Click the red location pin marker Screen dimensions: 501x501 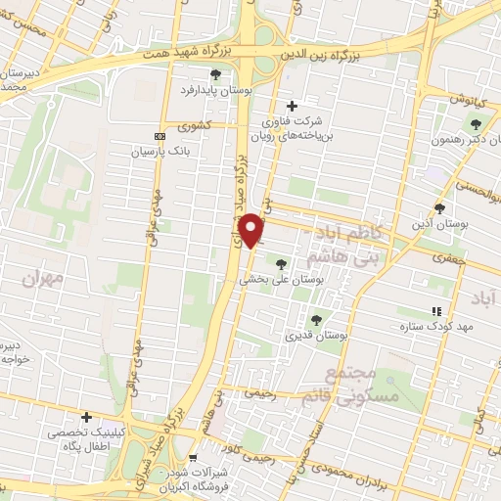point(252,230)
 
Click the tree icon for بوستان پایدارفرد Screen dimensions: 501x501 point(215,74)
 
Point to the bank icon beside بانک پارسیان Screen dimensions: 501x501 point(159,136)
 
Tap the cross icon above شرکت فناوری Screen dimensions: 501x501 point(291,106)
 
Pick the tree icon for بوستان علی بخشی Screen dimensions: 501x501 point(282,263)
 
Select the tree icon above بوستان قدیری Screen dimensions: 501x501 point(315,320)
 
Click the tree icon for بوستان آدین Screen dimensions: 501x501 point(439,208)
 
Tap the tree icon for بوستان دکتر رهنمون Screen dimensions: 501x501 point(476,124)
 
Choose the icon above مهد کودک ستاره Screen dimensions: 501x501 point(436,310)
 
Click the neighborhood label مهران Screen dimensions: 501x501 point(47,279)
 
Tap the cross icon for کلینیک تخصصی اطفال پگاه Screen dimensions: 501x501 point(87,417)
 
